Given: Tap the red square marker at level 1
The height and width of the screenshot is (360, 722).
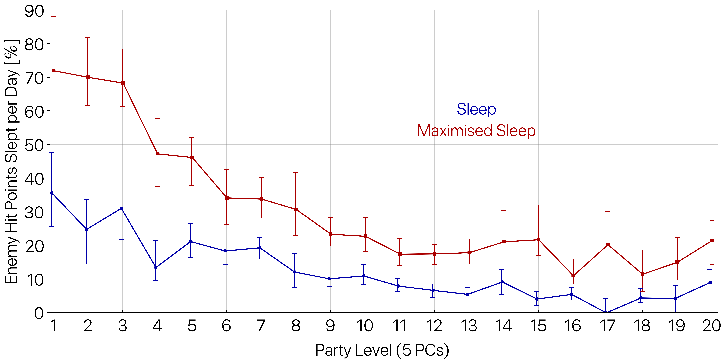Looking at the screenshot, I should click(54, 71).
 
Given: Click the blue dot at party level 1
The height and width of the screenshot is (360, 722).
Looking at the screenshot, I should click(52, 193).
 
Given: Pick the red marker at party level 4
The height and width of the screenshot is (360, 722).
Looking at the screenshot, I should click(158, 154).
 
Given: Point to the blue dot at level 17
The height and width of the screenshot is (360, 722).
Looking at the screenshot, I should click(606, 312).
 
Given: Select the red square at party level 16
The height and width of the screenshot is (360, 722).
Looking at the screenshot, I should click(573, 276).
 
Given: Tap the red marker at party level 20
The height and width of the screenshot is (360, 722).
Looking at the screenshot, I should click(712, 241).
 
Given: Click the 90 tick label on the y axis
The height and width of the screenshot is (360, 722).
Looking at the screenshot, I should click(34, 12).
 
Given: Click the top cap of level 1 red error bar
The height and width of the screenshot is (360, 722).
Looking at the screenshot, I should click(53, 16).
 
